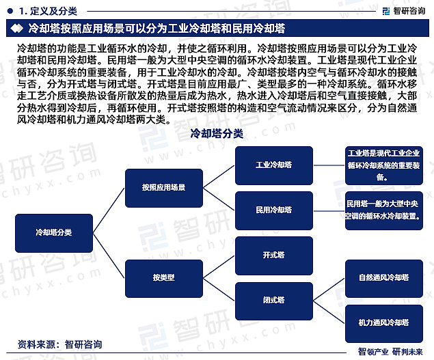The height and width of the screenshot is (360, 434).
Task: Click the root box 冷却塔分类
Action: [54, 233]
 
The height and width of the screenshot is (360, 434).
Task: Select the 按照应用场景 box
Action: [164, 188]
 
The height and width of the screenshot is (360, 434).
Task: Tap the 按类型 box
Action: [164, 279]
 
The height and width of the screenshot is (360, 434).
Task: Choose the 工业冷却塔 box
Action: [274, 165]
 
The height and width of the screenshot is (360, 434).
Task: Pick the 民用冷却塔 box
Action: [274, 210]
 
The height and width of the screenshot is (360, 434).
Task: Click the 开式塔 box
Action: [274, 255]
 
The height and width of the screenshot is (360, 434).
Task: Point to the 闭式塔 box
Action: [274, 301]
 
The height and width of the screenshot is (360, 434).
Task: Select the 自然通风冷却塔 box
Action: [384, 279]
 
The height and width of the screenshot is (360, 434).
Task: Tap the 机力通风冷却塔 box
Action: [384, 324]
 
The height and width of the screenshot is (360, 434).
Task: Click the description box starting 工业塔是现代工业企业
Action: [384, 165]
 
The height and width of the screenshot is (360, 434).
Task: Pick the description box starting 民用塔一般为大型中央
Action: [384, 210]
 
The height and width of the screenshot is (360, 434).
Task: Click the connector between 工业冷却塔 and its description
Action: [329, 165]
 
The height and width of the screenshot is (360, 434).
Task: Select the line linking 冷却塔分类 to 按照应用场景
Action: [109, 210]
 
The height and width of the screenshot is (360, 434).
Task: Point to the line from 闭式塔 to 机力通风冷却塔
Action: [329, 312]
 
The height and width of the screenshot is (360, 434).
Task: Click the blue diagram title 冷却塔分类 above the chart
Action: [217, 134]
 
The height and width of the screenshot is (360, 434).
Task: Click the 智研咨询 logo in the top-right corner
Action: [404, 11]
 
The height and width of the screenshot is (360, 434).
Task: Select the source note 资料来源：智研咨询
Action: [59, 344]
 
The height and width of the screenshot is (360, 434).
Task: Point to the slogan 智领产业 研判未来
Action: [390, 352]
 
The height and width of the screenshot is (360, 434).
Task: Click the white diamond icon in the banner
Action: [16, 28]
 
